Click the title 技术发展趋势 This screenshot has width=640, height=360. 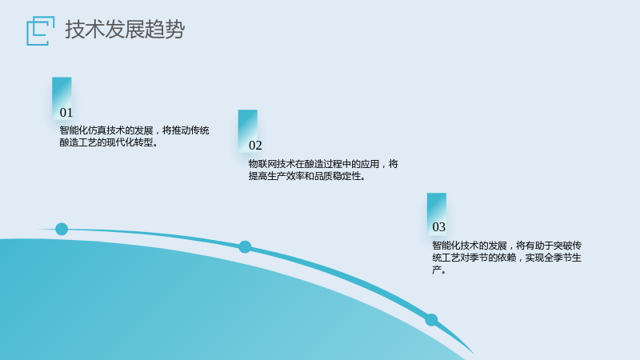tap(125, 30)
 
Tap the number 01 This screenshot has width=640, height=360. tap(66, 113)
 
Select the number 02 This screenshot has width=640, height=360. tap(255, 146)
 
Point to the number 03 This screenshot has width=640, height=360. tap(438, 227)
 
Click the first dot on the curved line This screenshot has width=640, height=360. tap(62, 229)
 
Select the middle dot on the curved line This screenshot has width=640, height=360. tap(245, 247)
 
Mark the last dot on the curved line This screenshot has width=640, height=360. tap(431, 319)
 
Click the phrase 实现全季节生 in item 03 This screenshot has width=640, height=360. tap(553, 258)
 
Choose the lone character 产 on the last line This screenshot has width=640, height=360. tap(437, 270)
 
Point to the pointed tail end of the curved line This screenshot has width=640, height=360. tap(474, 354)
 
